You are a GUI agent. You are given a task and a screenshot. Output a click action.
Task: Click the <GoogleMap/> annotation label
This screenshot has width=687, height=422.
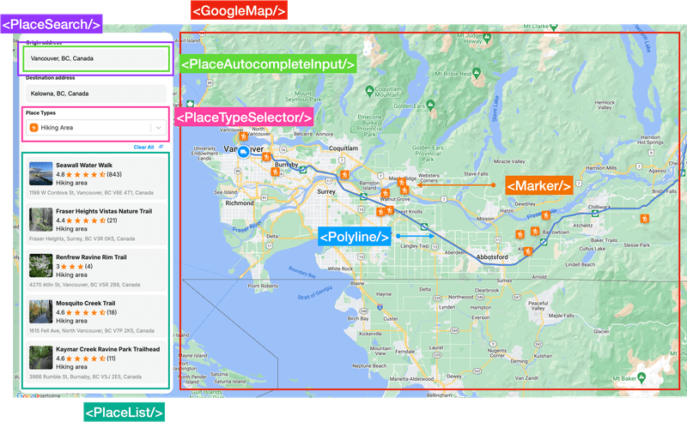pos(238,11)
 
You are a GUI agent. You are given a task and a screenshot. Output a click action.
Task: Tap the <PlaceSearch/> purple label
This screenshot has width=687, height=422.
pos(52,23)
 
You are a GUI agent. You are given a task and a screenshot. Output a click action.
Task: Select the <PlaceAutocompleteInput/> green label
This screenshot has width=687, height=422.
pos(267,64)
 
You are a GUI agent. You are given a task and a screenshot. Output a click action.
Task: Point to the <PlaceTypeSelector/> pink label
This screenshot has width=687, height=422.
pos(244,118)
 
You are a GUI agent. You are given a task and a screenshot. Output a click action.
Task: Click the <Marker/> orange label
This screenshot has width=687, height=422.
pos(538,185)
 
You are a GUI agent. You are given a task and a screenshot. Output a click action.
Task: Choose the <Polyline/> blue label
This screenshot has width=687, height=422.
pos(355,237)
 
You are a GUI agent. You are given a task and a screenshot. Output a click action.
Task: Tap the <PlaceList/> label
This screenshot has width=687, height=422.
pos(124,412)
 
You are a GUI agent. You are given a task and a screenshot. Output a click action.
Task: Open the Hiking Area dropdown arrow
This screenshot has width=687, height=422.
pos(158,128)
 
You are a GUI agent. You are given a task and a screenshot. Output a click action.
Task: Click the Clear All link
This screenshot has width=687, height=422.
pos(143,147)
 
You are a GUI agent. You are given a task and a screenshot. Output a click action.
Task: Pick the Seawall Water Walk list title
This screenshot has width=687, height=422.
pos(84,165)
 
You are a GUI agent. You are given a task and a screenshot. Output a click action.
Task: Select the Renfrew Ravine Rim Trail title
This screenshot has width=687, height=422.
pos(91,256)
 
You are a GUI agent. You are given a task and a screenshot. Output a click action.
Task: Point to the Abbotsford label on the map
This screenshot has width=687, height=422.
pos(489,256)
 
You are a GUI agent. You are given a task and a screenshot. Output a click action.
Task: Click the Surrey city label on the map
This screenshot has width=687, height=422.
pos(326,192)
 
